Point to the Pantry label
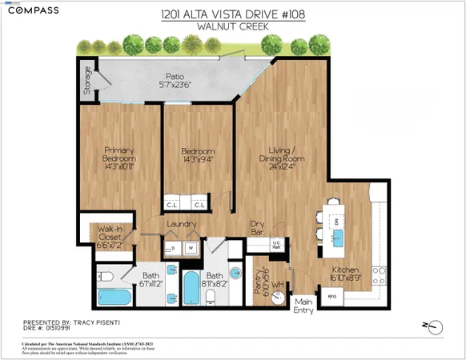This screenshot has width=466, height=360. [x=259, y=280]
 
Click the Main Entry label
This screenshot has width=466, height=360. [x=304, y=306]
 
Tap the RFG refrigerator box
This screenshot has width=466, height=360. [x=331, y=297]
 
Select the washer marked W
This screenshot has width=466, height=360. [x=191, y=248]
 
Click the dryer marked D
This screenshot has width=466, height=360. [x=174, y=248]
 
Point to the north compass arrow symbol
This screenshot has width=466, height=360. [x=435, y=326]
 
